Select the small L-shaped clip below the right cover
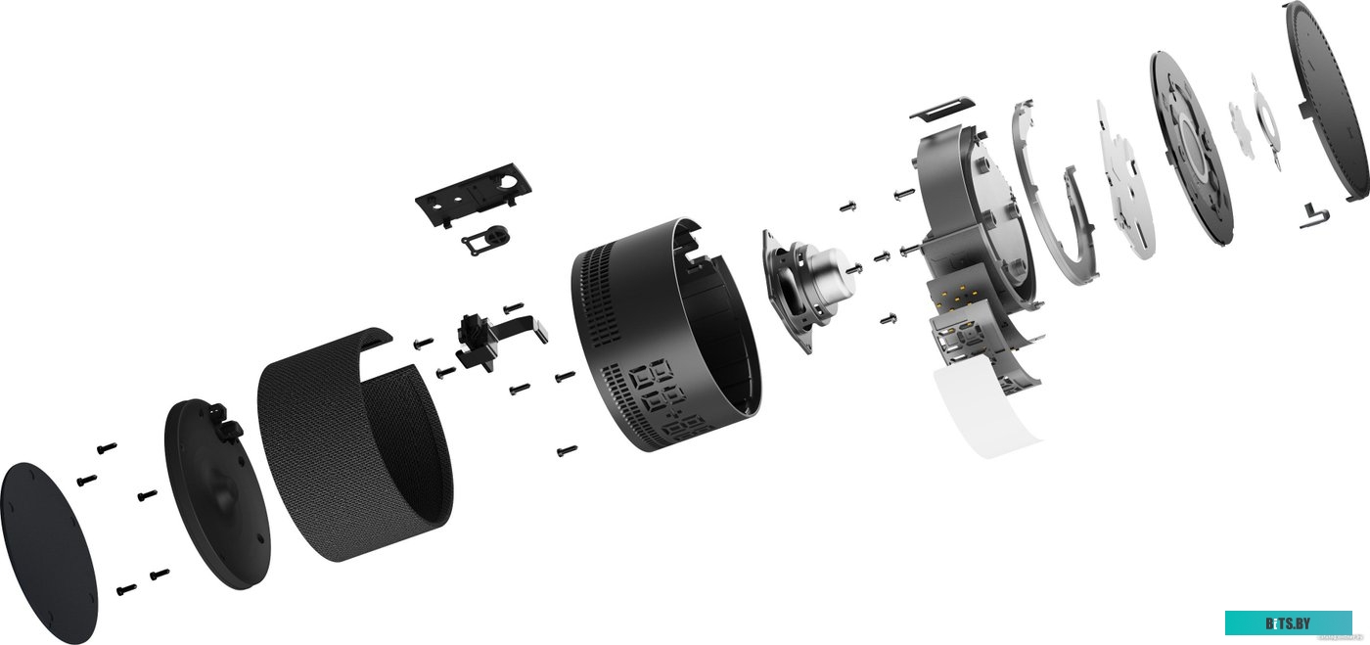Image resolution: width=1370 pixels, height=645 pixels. coord(1313,215)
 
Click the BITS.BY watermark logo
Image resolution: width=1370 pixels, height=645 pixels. coord(1288,622)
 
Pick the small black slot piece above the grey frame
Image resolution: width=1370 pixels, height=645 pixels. coord(942,109)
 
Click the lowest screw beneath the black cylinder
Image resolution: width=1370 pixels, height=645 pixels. coord(565,450)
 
